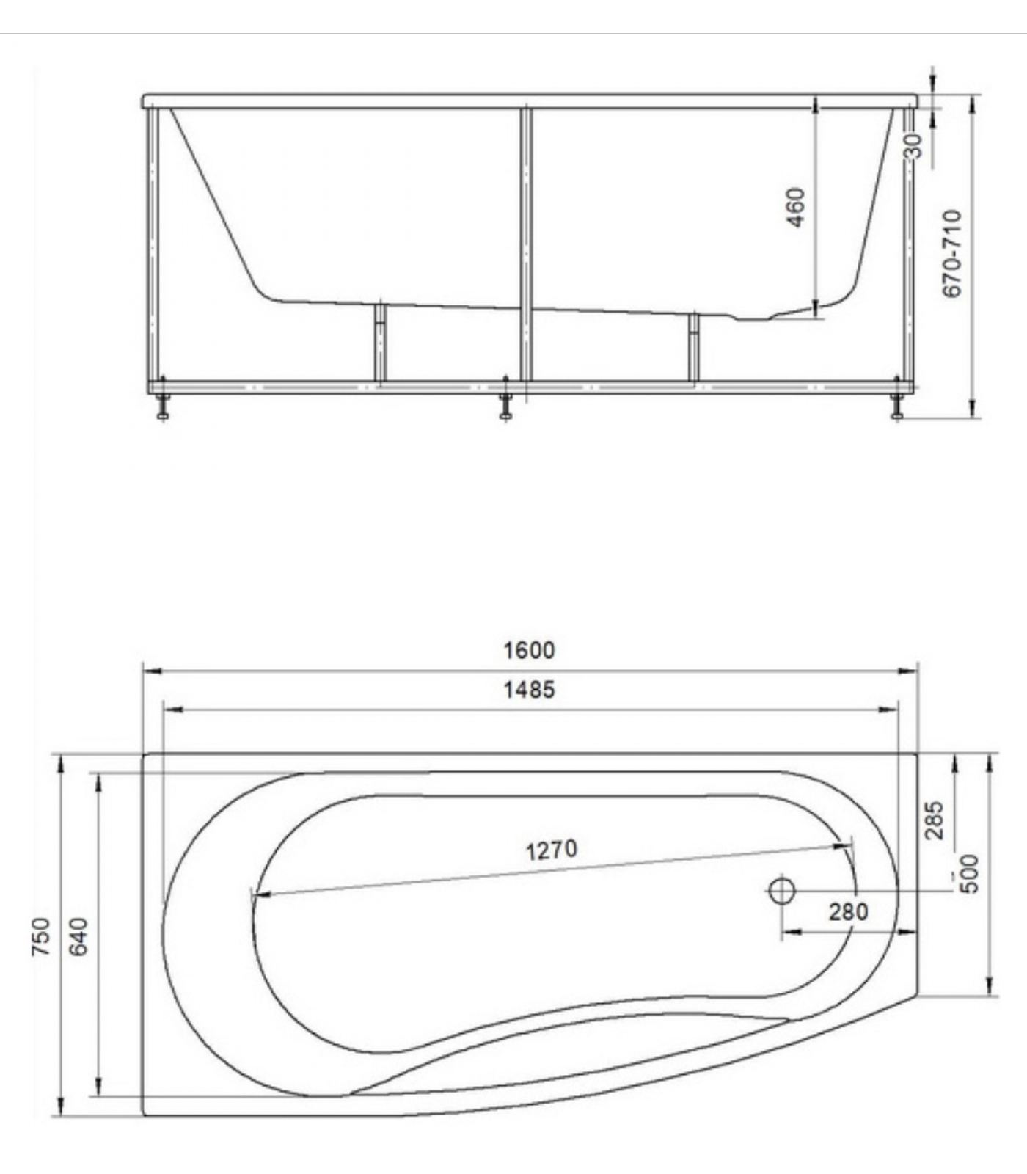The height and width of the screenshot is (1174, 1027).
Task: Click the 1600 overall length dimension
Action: [x=529, y=650]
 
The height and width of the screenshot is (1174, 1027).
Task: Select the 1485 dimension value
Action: [x=529, y=690]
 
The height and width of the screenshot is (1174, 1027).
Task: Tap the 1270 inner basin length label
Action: [x=551, y=850]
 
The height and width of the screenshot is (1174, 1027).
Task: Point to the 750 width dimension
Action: [x=41, y=936]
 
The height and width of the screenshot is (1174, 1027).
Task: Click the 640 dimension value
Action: [x=80, y=936]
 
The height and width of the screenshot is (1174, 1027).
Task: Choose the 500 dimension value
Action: [x=969, y=873]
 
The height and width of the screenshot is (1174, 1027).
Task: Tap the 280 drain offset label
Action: [x=849, y=911]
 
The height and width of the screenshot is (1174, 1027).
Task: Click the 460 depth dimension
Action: [x=795, y=208]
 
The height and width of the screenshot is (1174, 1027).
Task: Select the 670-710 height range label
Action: [x=951, y=253]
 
